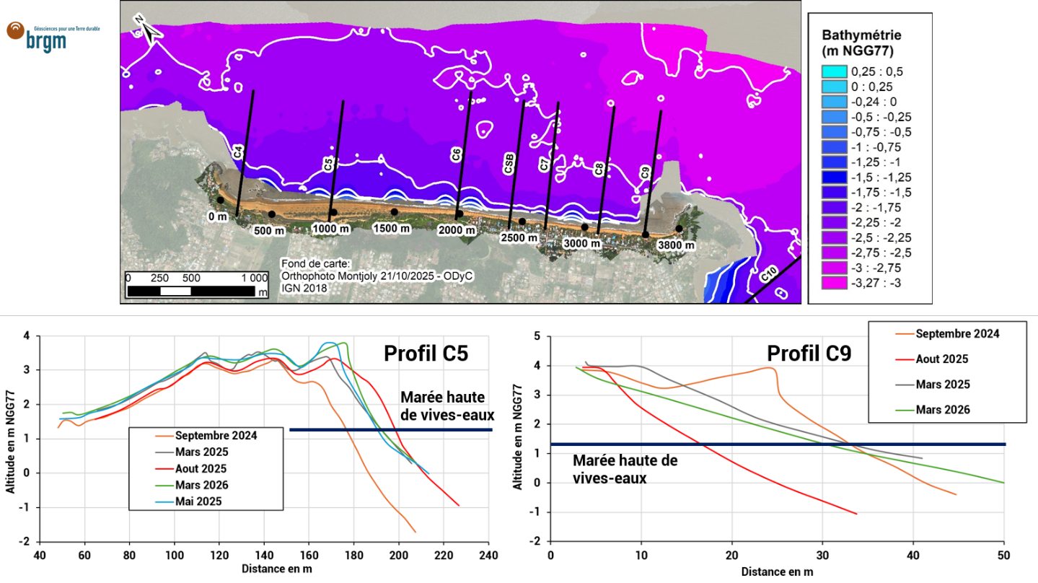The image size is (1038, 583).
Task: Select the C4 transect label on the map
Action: [x=238, y=152]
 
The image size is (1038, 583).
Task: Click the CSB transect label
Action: [x=509, y=163]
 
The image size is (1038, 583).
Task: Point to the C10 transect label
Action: [x=768, y=275]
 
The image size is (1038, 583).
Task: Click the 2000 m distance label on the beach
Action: [x=457, y=230]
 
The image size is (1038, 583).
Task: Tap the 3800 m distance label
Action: [x=676, y=245]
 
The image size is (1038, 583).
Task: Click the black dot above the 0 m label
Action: [x=221, y=200]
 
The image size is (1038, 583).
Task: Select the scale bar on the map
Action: [x=196, y=284]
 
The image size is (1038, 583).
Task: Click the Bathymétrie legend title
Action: [x=861, y=42]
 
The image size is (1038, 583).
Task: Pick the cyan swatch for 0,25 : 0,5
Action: [x=834, y=71]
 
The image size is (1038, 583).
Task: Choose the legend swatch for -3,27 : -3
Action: [x=834, y=283]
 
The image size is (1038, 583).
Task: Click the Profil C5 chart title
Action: [x=426, y=353]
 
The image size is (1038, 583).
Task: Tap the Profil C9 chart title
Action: [x=809, y=353]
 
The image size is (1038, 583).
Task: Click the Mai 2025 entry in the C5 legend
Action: [x=198, y=501]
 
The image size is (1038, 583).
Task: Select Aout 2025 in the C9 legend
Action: [x=942, y=359]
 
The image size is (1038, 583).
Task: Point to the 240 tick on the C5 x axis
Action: [x=489, y=555]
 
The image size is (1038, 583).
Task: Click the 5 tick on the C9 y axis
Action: [x=537, y=336]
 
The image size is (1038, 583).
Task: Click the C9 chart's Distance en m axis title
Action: [x=777, y=572]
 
